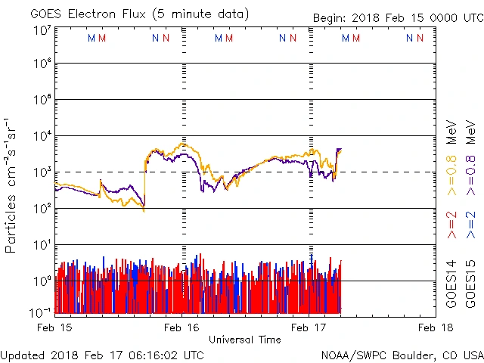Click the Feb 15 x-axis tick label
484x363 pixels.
point(55,327)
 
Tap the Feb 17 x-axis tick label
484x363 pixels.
point(309,327)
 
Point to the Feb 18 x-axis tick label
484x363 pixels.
point(436,327)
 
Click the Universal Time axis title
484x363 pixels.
point(245,339)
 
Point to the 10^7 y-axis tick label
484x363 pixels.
point(41,31)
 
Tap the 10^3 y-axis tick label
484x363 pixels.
point(41,173)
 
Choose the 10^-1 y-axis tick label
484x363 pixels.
point(41,312)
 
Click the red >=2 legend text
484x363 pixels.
point(451,225)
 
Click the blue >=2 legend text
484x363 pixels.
point(470,225)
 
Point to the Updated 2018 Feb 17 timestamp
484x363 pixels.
point(102,354)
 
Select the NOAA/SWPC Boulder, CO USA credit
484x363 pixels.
point(402,355)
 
